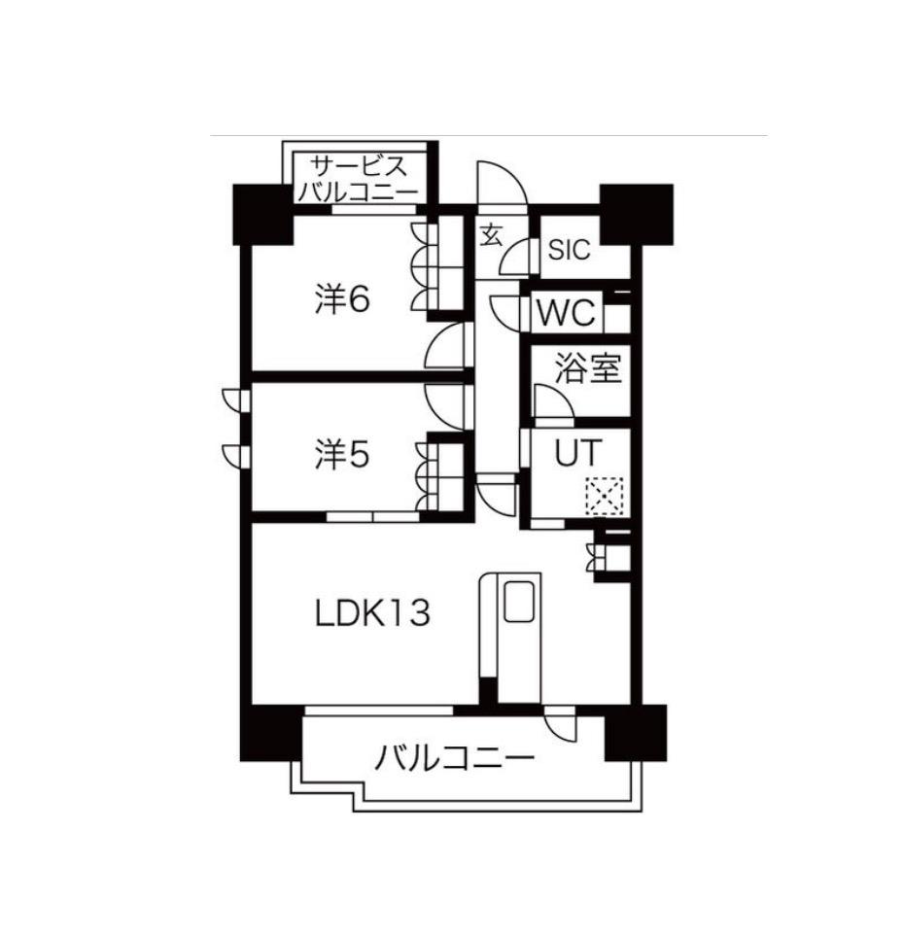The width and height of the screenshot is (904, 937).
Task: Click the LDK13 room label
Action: pos(372,613)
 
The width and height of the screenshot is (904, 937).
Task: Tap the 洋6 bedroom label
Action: pos(342,300)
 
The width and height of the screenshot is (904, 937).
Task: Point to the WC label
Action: pos(566,314)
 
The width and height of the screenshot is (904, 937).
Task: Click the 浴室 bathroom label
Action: pos(587,368)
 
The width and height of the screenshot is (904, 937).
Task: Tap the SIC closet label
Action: pos(569,250)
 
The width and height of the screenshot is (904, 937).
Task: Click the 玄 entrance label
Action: pos(492,234)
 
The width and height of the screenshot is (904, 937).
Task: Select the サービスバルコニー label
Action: pos(359,178)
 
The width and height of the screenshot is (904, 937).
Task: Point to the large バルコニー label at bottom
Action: pos(455,757)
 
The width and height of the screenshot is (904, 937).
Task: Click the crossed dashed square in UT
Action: pos(603,496)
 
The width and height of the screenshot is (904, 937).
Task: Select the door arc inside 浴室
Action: pos(552,401)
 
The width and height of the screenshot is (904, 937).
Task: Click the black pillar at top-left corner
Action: pos(262,213)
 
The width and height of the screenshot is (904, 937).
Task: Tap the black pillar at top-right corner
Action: pos(636,213)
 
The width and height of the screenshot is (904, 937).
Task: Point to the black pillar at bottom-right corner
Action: pos(635,732)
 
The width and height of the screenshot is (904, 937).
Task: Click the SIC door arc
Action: pos(525,255)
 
